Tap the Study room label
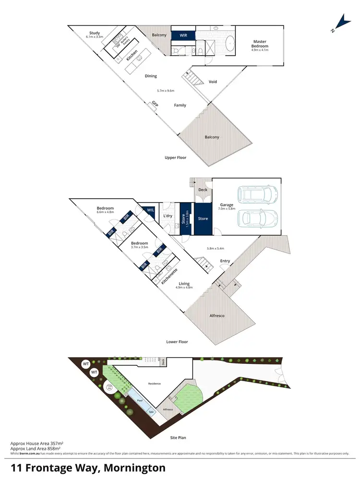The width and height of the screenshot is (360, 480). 94,33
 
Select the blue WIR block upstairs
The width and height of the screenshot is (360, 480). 183,35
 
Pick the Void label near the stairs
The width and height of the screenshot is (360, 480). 213,82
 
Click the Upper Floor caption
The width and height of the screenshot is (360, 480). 175,157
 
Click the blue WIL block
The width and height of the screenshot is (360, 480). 150,210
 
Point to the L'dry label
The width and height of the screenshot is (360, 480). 168,216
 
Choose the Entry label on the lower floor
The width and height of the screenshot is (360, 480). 225,261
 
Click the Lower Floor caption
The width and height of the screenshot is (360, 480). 177,342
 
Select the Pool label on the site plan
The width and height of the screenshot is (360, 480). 140,400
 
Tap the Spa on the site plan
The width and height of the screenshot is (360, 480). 150,411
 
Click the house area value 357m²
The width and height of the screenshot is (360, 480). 57,445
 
